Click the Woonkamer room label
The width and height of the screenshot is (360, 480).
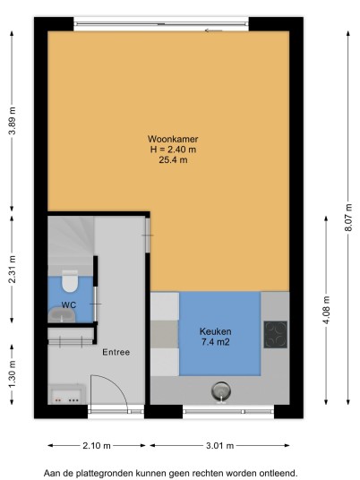[173, 139]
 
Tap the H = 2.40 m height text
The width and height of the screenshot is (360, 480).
[173, 150]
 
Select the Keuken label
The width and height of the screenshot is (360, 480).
[216, 331]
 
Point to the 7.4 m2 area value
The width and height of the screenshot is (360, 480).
[216, 342]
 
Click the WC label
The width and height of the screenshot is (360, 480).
[69, 304]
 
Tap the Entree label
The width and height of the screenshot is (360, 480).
[116, 352]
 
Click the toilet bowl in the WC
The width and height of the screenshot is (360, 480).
[70, 280]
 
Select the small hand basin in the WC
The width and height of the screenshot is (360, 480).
[62, 314]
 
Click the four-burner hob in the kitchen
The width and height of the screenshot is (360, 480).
[276, 334]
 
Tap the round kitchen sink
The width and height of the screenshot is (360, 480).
[221, 391]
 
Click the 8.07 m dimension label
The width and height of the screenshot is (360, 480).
[348, 218]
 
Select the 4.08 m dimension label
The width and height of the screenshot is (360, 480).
[326, 310]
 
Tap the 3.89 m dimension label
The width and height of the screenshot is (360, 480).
[12, 121]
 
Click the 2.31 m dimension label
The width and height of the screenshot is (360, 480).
[12, 270]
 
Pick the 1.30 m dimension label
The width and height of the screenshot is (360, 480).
[12, 374]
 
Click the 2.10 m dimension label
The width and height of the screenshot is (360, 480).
[97, 445]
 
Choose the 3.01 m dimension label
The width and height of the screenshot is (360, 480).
[219, 445]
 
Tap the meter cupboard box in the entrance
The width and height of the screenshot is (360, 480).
[67, 395]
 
